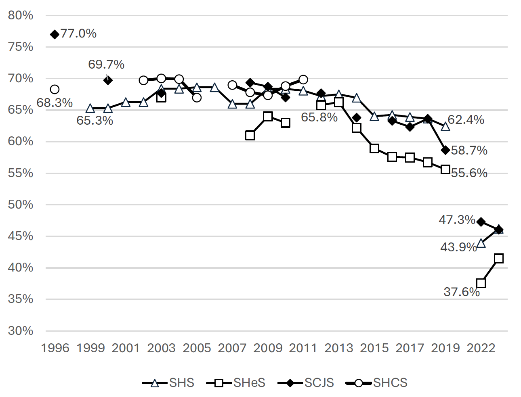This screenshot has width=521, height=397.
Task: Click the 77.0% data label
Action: point(78,33)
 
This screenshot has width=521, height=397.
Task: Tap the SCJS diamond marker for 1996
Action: point(55,34)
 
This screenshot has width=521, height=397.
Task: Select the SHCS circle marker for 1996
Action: point(55,89)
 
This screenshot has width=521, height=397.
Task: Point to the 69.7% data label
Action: point(106,65)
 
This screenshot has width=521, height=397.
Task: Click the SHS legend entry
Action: point(168,383)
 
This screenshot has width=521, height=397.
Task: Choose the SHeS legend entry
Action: point(236,383)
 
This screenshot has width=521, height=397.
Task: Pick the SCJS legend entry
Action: point(306,383)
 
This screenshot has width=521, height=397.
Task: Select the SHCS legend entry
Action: point(377,383)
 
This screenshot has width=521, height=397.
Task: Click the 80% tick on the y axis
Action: point(21,15)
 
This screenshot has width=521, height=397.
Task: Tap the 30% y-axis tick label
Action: point(21,331)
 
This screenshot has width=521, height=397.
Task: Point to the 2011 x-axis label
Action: point(303,348)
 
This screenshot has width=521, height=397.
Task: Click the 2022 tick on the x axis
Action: point(481,348)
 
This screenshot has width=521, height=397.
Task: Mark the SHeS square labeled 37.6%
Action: point(481,283)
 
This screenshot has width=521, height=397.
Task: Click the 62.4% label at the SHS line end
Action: point(466,120)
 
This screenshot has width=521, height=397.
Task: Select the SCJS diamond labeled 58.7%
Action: point(445,150)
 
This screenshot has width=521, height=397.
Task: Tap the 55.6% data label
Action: point(469,173)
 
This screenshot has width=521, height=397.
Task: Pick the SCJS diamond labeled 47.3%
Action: point(481,222)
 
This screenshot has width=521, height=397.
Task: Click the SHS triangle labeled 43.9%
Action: point(481,243)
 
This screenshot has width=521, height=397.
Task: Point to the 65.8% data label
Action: point(319,117)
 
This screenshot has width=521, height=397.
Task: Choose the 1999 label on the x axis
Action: point(90,348)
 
